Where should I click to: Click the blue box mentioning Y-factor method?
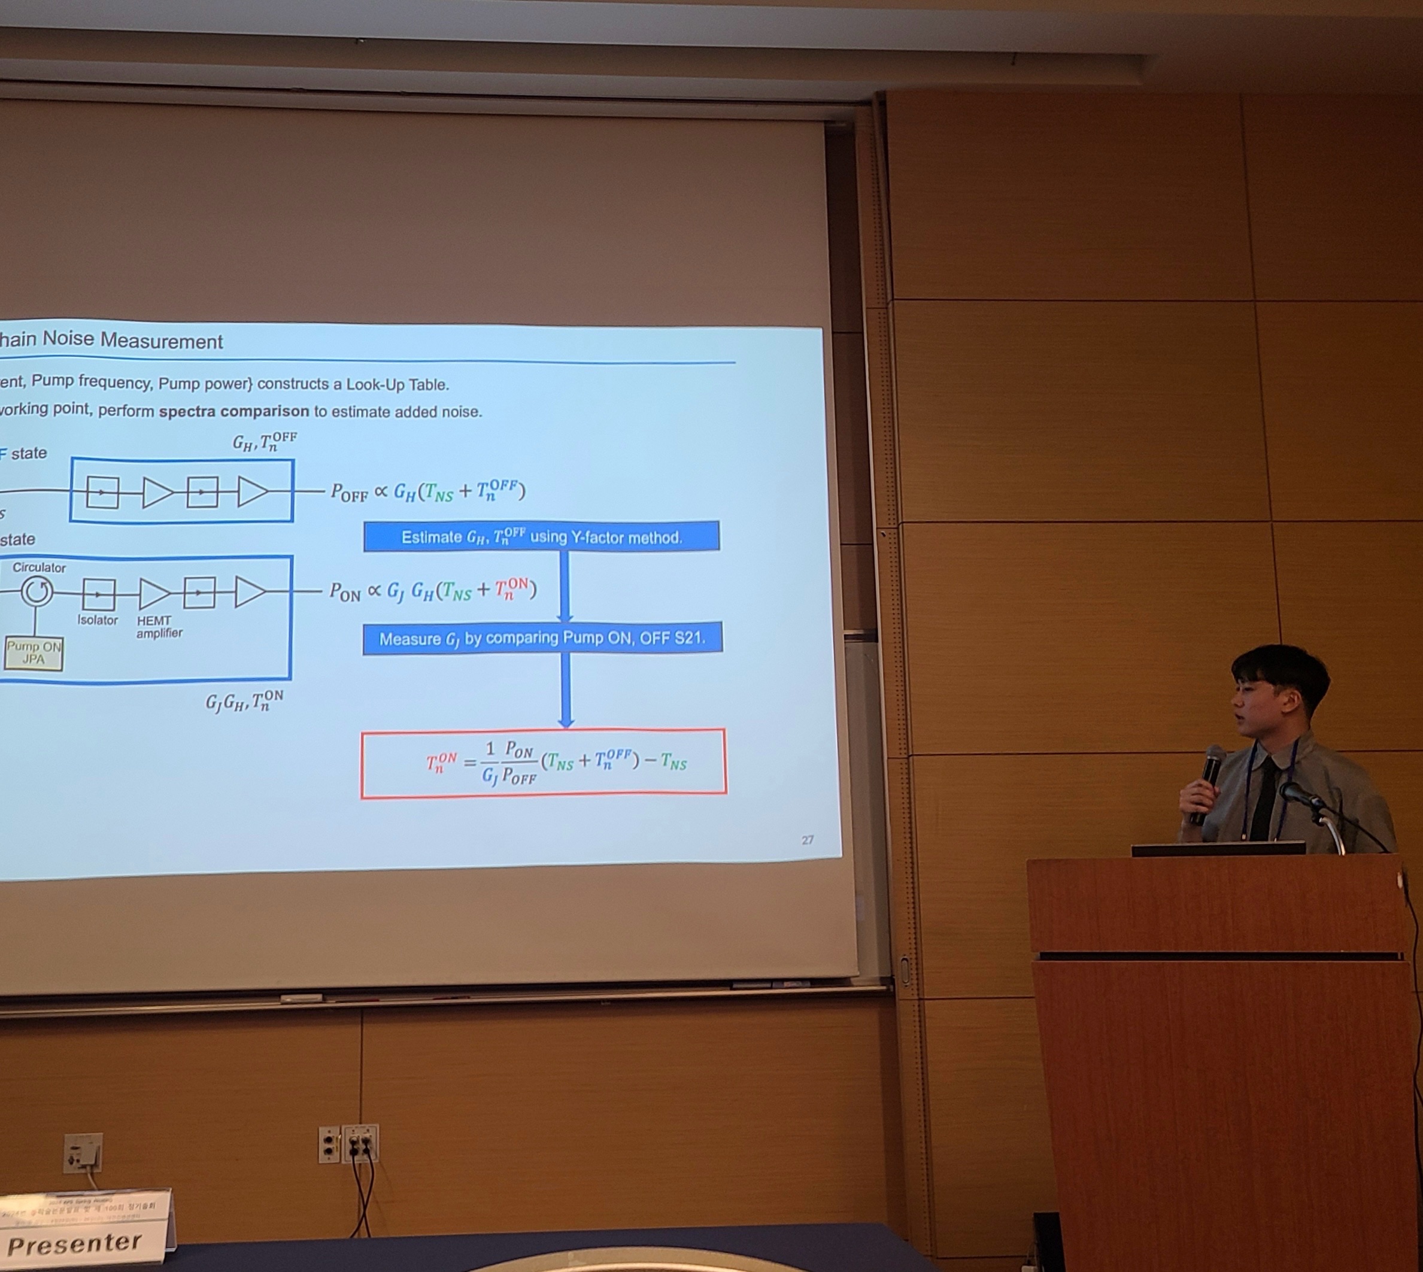click(542, 537)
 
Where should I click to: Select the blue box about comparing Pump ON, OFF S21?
click(542, 638)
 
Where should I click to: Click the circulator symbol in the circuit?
click(37, 592)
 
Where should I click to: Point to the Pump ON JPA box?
click(33, 653)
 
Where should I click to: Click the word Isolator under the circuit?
click(97, 620)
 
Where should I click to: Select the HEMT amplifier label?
click(158, 627)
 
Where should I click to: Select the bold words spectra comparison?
click(233, 411)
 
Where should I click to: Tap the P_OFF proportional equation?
click(428, 491)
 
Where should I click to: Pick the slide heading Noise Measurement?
click(133, 341)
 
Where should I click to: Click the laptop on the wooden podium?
click(1218, 848)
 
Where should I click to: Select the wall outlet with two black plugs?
click(360, 1143)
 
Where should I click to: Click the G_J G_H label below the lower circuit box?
click(244, 702)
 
